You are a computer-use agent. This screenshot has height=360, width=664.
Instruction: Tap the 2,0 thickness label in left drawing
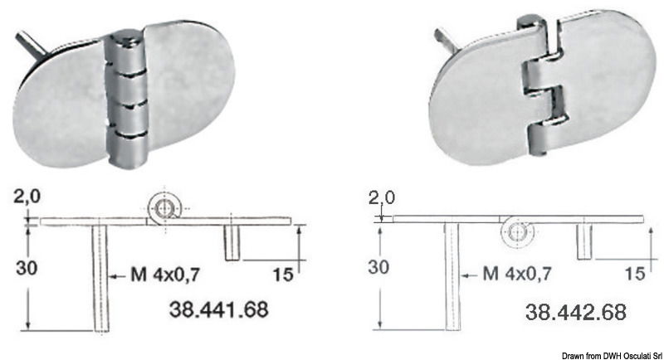click(x=26, y=197)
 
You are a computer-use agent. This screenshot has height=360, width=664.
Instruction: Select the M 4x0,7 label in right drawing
click(x=519, y=271)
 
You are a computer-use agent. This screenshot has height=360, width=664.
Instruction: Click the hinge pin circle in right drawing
click(x=519, y=233)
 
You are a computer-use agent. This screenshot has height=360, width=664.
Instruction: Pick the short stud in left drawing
click(x=232, y=241)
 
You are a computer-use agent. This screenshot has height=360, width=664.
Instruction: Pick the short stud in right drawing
click(x=585, y=241)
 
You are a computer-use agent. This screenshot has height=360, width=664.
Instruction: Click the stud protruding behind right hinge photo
click(x=444, y=38)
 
